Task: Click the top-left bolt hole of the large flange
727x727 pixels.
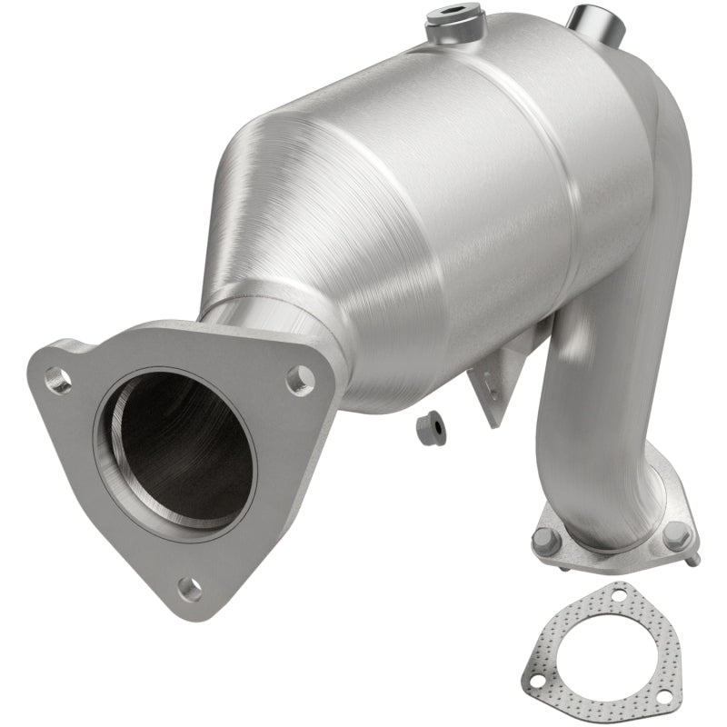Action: (59, 380)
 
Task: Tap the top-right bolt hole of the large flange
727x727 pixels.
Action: (300, 380)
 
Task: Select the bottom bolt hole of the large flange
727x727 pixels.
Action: (189, 588)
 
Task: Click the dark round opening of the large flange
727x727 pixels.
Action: (177, 451)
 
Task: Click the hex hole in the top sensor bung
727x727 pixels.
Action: (451, 15)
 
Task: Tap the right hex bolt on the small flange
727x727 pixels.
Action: (675, 534)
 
